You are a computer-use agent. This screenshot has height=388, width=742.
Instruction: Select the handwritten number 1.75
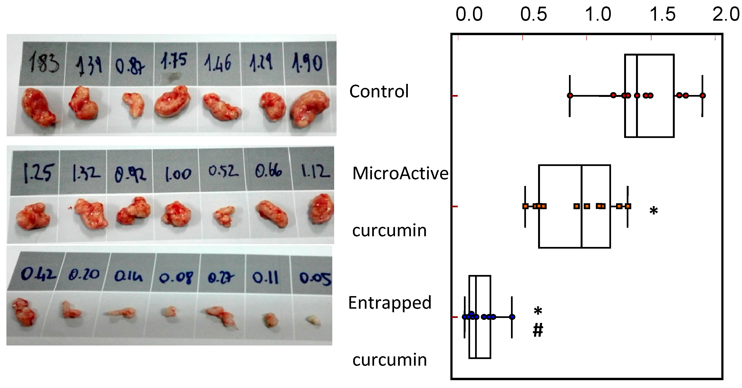[x=174, y=61]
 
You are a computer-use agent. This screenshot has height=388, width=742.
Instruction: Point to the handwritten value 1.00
[x=178, y=174]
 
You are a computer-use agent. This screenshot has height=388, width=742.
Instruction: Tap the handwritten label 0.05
[x=315, y=278]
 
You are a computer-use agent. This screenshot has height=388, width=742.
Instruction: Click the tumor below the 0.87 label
[x=134, y=105]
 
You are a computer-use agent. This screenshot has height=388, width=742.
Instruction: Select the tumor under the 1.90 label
[x=310, y=109]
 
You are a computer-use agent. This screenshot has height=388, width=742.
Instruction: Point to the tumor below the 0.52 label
[x=225, y=216]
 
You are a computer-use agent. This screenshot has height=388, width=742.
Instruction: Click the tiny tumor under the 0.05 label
[x=313, y=320]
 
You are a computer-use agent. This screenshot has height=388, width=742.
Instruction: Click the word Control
[x=379, y=91]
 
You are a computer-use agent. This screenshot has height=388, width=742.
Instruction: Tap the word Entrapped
[x=390, y=303]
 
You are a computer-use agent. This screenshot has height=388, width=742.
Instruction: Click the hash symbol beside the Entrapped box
[x=538, y=330]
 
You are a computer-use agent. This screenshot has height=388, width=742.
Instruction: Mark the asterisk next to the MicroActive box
[x=654, y=211]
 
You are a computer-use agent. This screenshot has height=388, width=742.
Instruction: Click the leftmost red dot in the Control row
[x=570, y=95]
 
